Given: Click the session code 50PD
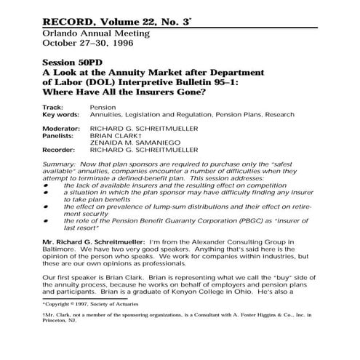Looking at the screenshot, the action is click(98, 64).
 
